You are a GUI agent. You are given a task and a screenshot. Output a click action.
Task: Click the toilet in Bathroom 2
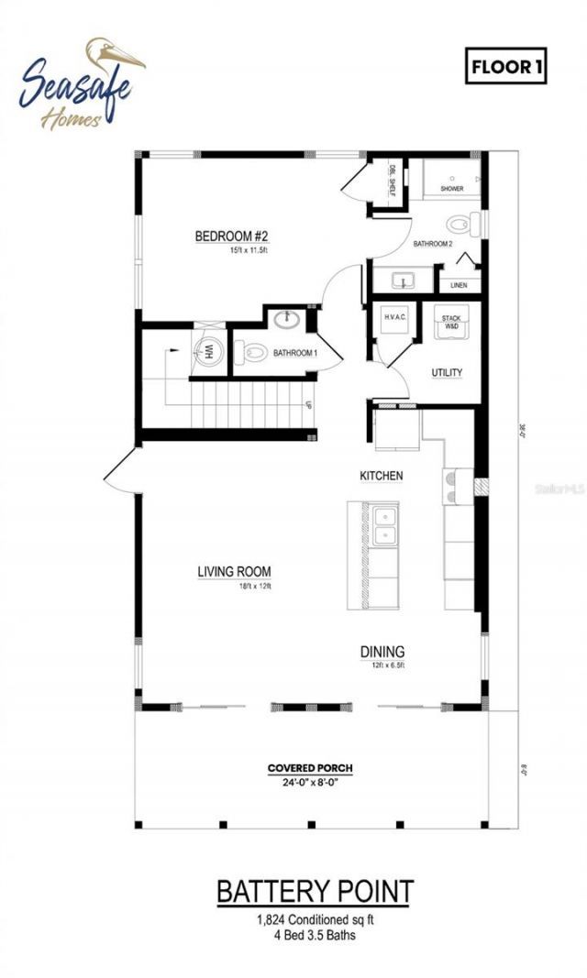tap(463, 223)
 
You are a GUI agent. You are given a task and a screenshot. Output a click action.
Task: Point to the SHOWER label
tap(451, 189)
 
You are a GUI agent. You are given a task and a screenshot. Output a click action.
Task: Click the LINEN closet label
tap(459, 285)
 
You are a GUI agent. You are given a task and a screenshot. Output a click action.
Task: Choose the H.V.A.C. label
tap(395, 316)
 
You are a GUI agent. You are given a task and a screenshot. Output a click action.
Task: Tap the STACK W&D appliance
tap(452, 323)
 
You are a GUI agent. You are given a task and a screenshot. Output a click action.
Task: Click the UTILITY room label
tap(447, 372)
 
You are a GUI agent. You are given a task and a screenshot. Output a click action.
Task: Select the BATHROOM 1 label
tap(295, 352)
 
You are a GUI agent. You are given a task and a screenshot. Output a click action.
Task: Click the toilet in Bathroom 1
tap(251, 350)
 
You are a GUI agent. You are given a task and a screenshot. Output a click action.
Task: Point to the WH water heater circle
tap(207, 350)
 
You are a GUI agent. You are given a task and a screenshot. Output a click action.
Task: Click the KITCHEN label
tap(381, 476)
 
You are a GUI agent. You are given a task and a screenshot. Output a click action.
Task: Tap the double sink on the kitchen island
tap(385, 525)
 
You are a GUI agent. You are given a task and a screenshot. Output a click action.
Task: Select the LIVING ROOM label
tap(234, 572)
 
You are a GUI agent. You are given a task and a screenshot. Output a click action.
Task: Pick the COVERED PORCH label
tap(310, 768)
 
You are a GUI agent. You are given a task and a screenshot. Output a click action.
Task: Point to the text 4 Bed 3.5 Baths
tap(315, 936)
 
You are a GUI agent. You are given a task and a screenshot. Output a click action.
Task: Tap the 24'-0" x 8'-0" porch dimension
tap(310, 783)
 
